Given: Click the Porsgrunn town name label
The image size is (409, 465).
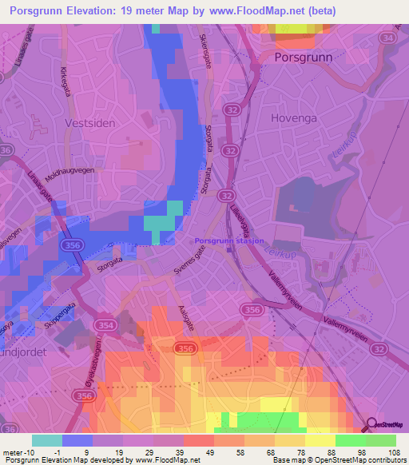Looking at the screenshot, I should click(x=303, y=58).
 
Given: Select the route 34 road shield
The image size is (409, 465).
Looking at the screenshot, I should click(x=389, y=38).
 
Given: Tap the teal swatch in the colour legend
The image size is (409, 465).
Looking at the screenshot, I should click(x=47, y=440).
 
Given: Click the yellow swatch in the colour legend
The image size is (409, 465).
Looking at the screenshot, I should click(x=320, y=440).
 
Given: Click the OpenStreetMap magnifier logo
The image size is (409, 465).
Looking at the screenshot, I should click(x=372, y=425).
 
